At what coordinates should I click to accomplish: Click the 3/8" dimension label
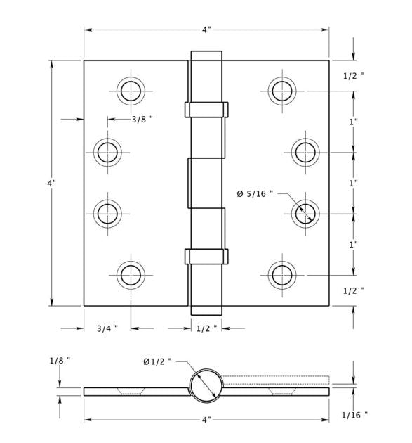(142, 120)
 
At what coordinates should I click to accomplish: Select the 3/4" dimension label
(107, 328)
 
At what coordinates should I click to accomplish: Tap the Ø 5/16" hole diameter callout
(255, 193)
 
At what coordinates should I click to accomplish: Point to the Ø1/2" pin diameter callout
(158, 361)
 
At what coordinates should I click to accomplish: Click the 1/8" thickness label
(60, 361)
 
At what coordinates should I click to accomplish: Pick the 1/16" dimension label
(354, 415)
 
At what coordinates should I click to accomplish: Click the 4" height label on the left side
(52, 183)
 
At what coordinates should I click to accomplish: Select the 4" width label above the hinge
(206, 30)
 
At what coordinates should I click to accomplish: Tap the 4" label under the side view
(206, 420)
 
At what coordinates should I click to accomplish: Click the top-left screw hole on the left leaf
(131, 91)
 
